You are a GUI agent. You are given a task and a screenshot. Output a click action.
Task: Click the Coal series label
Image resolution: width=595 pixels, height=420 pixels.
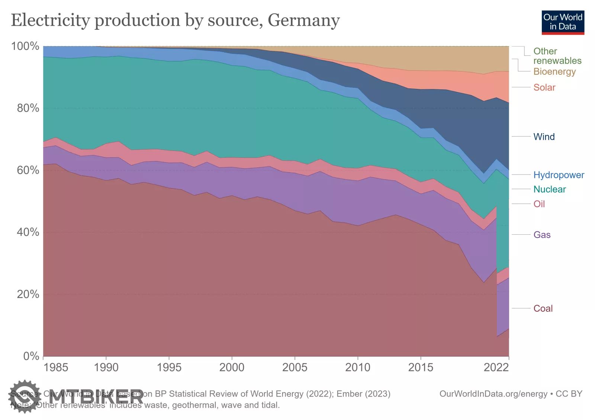point(543,308)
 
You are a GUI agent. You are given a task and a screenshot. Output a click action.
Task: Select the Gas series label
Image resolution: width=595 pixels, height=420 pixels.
point(542,235)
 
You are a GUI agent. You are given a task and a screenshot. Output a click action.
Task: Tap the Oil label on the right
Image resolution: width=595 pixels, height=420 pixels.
point(539,204)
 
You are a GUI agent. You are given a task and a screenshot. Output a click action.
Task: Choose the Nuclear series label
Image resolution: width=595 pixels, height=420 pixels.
point(549,189)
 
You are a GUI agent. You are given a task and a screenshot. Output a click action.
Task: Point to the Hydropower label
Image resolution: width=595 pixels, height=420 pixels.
point(559,175)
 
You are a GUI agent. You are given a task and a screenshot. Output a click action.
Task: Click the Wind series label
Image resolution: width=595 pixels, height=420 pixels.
point(544,137)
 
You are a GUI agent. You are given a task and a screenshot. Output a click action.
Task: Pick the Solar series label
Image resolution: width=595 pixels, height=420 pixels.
point(544,87)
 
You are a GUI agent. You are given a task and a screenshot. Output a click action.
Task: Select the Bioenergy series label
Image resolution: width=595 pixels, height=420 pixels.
point(554,71)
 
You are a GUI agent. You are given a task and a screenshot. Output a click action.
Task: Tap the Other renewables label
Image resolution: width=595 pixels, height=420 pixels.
point(557,56)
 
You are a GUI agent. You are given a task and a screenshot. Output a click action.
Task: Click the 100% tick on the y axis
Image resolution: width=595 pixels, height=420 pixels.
point(25,46)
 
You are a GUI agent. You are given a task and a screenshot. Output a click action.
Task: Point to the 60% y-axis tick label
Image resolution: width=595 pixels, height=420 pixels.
point(28,170)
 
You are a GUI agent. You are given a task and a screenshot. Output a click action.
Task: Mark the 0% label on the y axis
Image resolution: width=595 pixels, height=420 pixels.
point(31,356)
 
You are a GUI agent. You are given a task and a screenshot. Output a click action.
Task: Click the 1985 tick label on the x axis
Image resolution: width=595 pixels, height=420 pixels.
point(56,368)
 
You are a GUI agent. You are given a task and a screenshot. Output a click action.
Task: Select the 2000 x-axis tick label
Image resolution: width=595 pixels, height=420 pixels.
point(232,368)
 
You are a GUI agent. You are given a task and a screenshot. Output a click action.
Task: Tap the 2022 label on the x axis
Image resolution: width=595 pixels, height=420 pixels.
point(496,368)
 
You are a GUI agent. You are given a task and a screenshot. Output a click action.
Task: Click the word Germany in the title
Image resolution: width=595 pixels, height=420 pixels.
point(303,20)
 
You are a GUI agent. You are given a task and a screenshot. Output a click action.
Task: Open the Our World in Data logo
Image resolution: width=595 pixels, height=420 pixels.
point(563,22)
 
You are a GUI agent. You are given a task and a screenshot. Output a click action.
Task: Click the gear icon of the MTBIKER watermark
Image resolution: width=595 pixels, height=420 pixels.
point(25,397)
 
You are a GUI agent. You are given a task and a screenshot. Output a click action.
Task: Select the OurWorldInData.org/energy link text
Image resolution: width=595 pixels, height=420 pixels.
point(493,394)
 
